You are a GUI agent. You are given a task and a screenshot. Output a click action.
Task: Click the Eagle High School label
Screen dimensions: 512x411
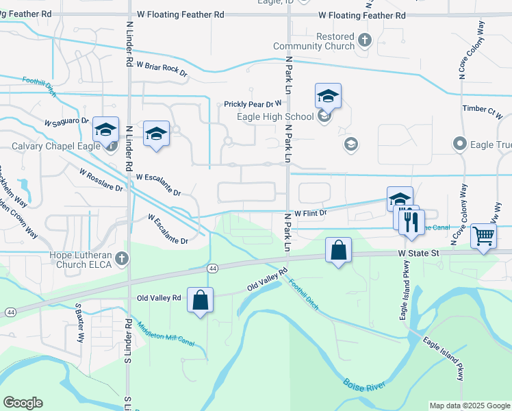[x=275, y=116]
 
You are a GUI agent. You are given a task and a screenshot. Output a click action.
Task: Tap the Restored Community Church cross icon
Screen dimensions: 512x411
[x=364, y=40]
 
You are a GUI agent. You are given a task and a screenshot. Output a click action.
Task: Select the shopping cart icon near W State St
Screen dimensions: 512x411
[x=484, y=236]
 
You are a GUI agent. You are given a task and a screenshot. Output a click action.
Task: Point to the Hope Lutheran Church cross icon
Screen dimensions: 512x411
[x=122, y=258]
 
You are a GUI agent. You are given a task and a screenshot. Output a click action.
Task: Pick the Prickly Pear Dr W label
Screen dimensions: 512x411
[x=253, y=104]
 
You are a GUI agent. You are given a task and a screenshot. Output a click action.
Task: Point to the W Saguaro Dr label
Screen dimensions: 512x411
[x=67, y=122]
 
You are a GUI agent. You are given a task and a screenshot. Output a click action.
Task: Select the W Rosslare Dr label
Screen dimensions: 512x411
[x=101, y=179]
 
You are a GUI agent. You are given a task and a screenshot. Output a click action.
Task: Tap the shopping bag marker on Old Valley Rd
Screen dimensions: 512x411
[x=199, y=300]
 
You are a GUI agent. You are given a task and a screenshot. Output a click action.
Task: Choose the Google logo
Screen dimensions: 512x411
[x=23, y=403]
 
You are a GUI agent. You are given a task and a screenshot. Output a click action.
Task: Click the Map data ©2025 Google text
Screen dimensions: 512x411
[x=469, y=406]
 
